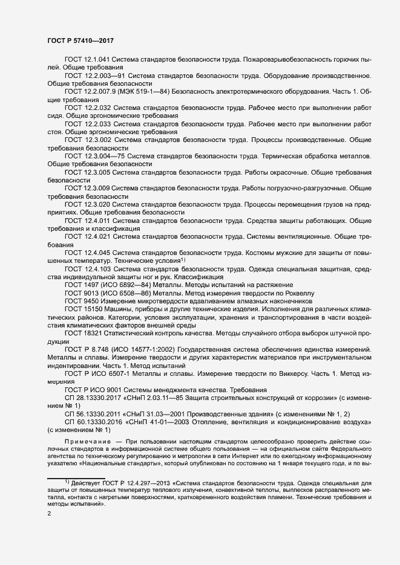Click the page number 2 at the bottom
(x=49, y=514)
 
